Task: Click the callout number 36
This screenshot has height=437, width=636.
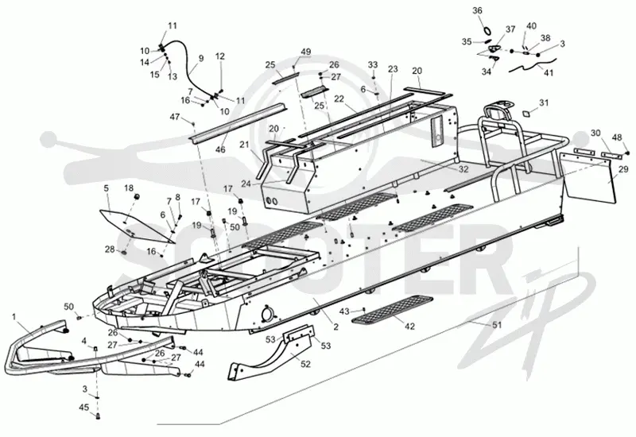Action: pyautogui.click(x=478, y=10)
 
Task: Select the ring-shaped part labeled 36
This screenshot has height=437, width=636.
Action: pyautogui.click(x=488, y=29)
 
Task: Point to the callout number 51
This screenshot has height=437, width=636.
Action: pyautogui.click(x=498, y=324)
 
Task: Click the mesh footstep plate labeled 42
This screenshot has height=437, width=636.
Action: pyautogui.click(x=393, y=310)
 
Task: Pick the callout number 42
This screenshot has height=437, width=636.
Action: pyautogui.click(x=409, y=326)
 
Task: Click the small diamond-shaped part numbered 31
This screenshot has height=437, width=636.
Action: pyautogui.click(x=525, y=113)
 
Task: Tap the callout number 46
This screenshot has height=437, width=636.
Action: pyautogui.click(x=220, y=149)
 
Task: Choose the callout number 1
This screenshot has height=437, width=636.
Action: pyautogui.click(x=14, y=316)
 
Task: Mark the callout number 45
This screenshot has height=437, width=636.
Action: pyautogui.click(x=84, y=408)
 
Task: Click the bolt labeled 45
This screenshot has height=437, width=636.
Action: pyautogui.click(x=97, y=415)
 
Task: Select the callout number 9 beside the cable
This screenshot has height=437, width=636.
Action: pyautogui.click(x=201, y=58)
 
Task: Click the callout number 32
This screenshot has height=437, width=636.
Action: pyautogui.click(x=463, y=169)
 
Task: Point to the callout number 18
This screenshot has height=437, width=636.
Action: pyautogui.click(x=129, y=188)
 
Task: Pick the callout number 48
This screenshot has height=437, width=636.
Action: pyautogui.click(x=617, y=137)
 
